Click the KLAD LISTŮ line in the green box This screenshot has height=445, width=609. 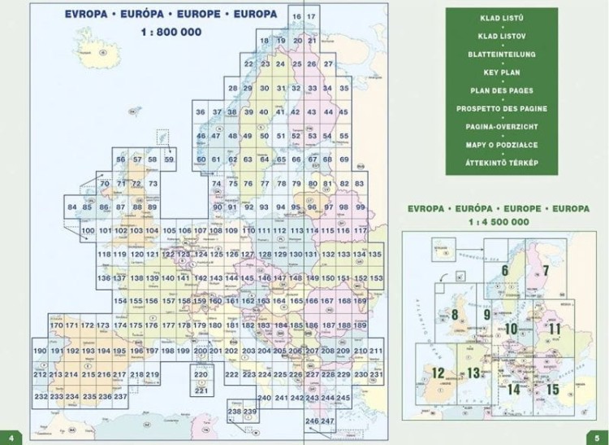click(x=501, y=17)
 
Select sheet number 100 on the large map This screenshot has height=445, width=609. click(x=88, y=231)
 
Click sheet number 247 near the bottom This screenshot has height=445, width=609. click(x=327, y=420)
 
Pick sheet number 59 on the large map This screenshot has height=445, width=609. click(x=169, y=159)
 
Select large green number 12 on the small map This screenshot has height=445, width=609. click(x=438, y=373)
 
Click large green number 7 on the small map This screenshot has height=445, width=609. click(x=546, y=271)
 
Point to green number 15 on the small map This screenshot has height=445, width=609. click(x=553, y=389)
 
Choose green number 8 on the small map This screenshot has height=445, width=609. click(x=456, y=316)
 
